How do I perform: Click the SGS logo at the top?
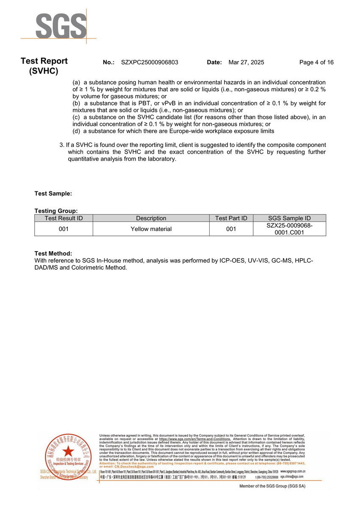(x=61, y=26)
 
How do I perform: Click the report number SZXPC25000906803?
(x=150, y=62)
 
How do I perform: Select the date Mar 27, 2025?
(x=246, y=62)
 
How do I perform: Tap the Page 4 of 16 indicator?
(x=316, y=62)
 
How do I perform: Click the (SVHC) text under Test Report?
(x=44, y=71)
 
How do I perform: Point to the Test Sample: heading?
(x=53, y=194)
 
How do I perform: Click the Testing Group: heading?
(x=56, y=210)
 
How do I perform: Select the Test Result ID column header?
(x=64, y=218)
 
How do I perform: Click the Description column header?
(x=151, y=218)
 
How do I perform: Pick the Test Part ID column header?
(x=231, y=218)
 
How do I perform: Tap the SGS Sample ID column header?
(x=289, y=218)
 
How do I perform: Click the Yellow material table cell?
(x=151, y=229)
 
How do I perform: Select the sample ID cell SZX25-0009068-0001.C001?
(x=289, y=229)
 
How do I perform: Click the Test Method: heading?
(x=53, y=253)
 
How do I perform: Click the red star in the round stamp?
(x=68, y=451)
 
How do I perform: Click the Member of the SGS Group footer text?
(x=272, y=486)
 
